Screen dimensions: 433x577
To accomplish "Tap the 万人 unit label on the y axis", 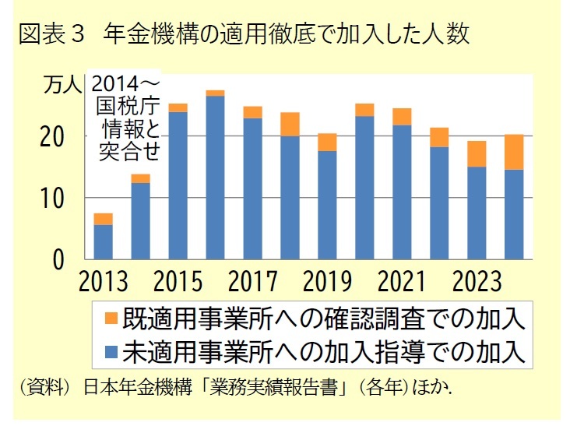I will [x=61, y=84].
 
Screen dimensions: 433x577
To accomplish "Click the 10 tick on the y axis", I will [x=62, y=199].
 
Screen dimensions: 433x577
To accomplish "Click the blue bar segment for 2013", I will [x=103, y=241].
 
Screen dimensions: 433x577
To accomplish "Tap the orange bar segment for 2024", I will [x=514, y=152].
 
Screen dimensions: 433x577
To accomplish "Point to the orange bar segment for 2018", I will [x=290, y=124].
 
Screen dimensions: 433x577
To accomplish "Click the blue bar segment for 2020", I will [x=364, y=187].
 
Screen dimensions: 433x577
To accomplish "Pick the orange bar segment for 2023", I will [x=477, y=153].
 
